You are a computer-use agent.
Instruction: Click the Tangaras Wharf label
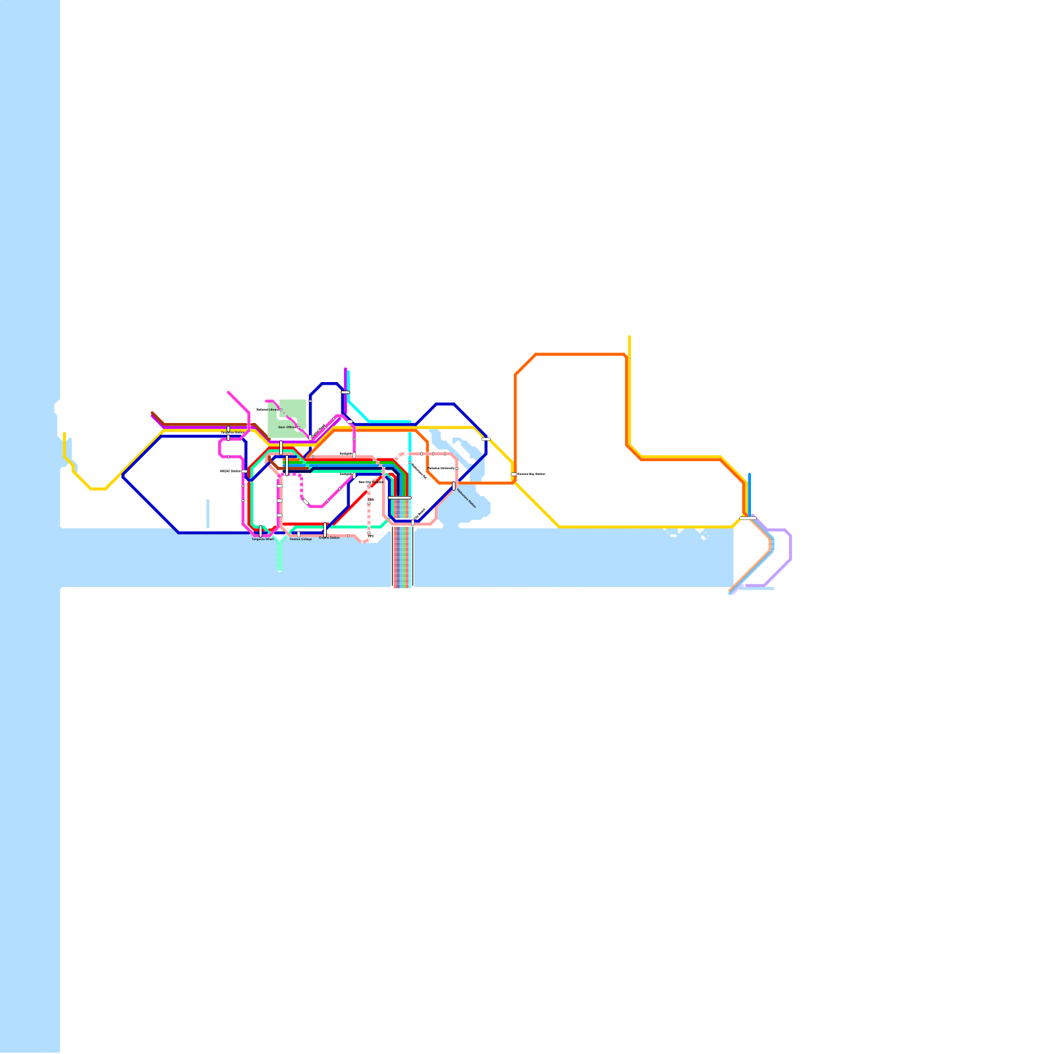(x=262, y=539)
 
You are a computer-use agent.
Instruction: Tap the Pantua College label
(x=300, y=539)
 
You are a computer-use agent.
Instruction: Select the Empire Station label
(x=329, y=538)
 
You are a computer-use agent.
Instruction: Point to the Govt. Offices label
(x=287, y=427)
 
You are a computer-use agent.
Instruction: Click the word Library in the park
(x=273, y=410)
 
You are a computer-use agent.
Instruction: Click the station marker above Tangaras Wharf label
(x=261, y=531)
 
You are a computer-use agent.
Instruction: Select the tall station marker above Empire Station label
(x=325, y=529)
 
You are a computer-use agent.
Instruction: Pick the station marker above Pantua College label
(x=298, y=534)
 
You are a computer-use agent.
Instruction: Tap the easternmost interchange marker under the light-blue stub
(x=747, y=518)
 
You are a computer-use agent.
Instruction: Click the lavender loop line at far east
(x=790, y=547)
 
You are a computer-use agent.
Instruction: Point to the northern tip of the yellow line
(x=629, y=337)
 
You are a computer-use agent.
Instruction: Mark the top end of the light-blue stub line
(x=749, y=474)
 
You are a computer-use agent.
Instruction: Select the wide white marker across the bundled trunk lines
(x=399, y=498)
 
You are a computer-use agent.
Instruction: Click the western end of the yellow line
(x=64, y=433)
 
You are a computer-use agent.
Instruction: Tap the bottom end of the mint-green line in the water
(x=280, y=569)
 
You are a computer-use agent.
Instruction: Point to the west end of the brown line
(x=152, y=413)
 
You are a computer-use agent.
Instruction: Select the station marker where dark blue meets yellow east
(x=485, y=439)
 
